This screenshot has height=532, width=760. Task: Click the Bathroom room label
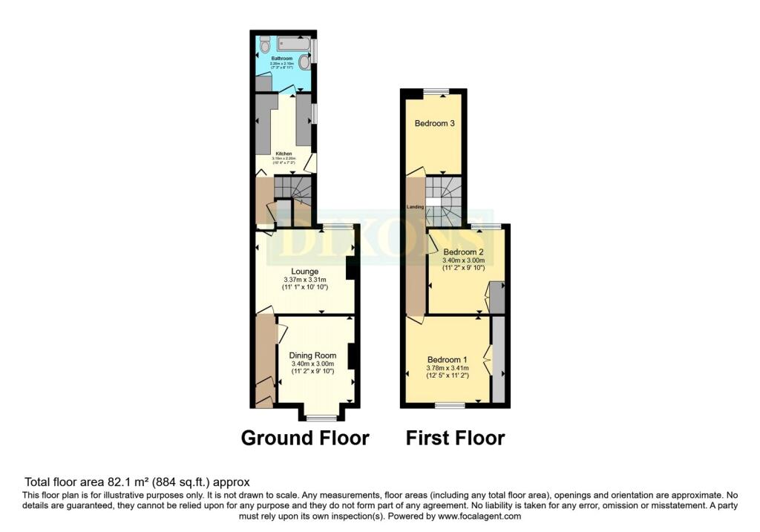point(281,58)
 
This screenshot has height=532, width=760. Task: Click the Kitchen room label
point(284,154)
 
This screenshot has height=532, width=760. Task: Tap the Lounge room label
point(305,272)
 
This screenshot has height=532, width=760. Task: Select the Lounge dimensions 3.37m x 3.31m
point(305,280)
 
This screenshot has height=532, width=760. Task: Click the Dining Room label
point(314,355)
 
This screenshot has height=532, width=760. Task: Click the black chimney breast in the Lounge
point(351,268)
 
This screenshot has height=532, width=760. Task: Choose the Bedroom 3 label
point(434,123)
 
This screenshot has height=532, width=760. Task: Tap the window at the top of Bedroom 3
point(436,92)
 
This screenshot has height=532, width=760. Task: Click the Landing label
point(415,207)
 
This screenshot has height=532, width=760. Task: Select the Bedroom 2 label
point(463,252)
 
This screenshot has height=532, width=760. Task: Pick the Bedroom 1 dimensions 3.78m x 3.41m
point(448,367)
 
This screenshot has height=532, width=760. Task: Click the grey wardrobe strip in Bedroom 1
point(499,359)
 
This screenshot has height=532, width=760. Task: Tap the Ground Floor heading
point(305,439)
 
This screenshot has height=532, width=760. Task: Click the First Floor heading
point(455,439)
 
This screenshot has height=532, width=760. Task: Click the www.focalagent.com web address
point(479,516)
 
